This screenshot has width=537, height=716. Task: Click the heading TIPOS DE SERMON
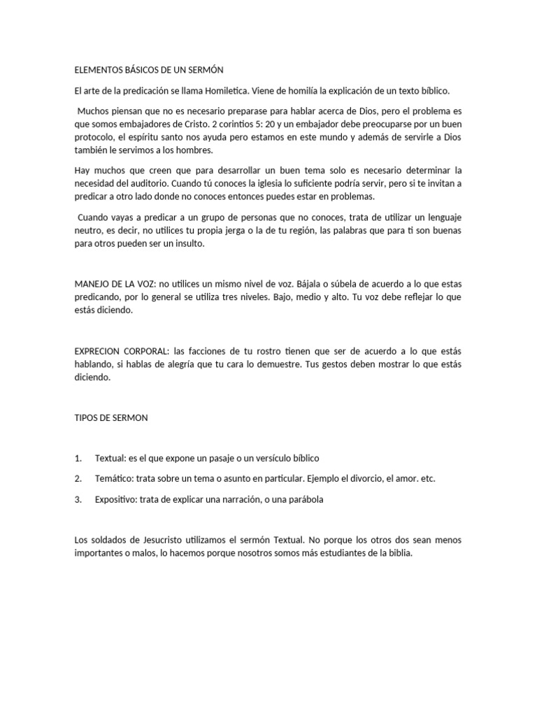[x=111, y=417]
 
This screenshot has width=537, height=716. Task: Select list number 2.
[x=78, y=479]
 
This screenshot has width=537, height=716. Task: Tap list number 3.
[x=78, y=500]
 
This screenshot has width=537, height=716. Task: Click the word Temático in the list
[x=115, y=479]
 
